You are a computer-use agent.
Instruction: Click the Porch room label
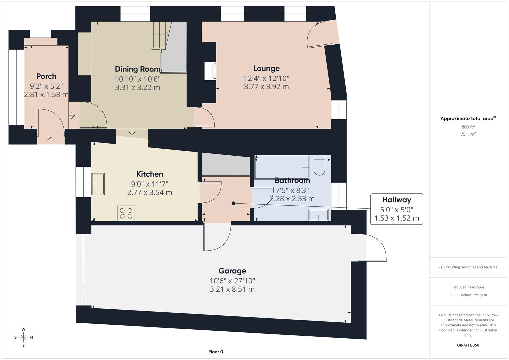[46, 76]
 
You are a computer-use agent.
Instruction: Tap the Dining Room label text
[137, 69]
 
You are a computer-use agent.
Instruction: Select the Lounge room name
[266, 68]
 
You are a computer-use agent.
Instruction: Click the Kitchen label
[150, 174]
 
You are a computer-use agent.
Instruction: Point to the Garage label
[232, 271]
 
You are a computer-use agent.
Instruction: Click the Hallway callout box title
[396, 200]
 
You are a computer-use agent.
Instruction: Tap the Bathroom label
[292, 181]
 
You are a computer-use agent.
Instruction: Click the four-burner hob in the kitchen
[126, 213]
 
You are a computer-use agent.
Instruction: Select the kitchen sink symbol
[98, 184]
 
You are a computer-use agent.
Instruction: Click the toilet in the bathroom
[319, 166]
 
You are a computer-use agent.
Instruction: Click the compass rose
[23, 337]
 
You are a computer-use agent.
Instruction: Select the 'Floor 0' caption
[216, 352]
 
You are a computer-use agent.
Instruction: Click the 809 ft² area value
[468, 127]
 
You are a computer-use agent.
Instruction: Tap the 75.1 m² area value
[468, 134]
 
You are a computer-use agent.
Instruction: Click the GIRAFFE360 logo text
[468, 345]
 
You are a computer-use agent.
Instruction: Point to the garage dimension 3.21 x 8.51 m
[232, 289]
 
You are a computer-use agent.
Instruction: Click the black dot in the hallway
[233, 203]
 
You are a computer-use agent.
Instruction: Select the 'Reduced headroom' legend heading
[468, 287]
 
